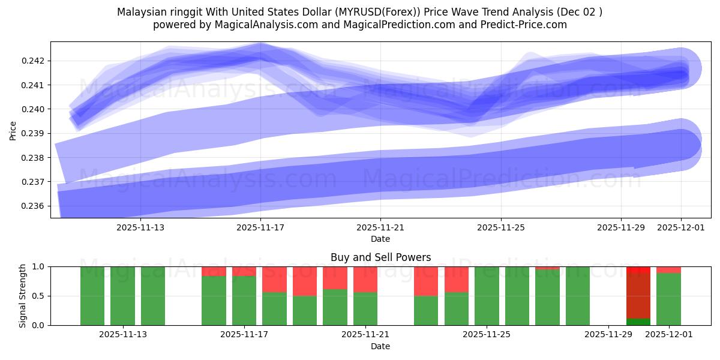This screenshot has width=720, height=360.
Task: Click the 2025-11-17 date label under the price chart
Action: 260,227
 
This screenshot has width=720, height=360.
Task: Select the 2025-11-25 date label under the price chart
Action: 501,227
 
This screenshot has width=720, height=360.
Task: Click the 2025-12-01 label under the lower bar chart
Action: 669,335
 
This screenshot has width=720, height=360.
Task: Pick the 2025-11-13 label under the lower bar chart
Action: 123,335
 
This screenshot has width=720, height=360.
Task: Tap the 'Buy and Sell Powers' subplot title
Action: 380,257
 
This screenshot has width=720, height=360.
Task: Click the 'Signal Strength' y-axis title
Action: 22,296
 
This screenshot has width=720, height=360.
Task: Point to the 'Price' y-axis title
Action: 13,130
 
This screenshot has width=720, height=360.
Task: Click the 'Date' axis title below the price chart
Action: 380,239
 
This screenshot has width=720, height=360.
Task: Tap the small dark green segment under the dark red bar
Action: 638,322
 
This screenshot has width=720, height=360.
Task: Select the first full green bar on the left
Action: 92,296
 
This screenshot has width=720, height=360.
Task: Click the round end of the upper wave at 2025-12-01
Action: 680,68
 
